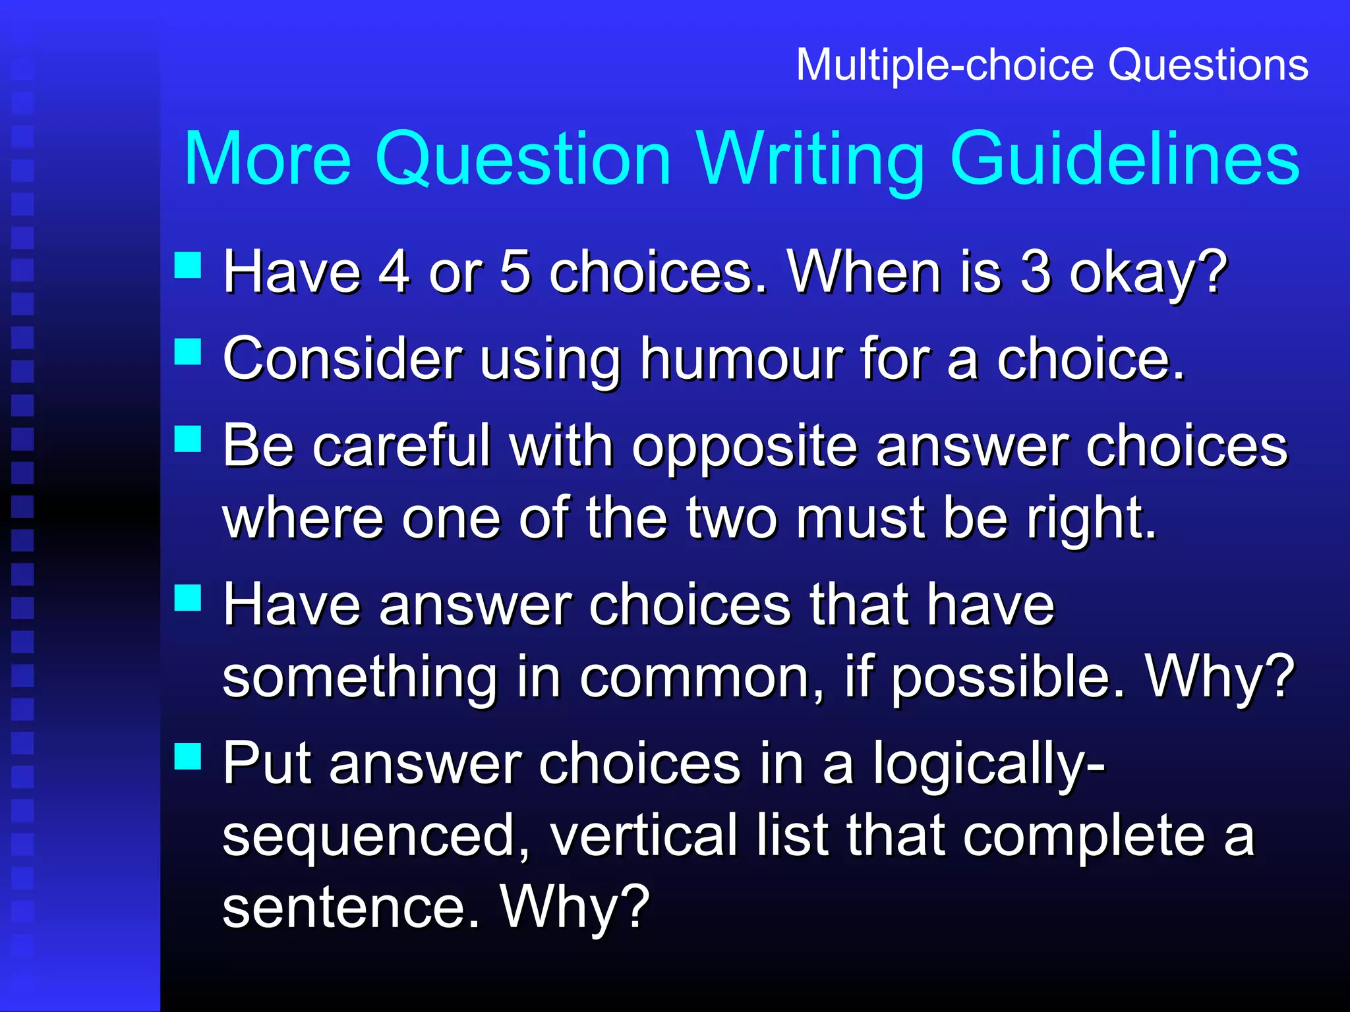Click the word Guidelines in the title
coord(1124,160)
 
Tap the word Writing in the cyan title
coord(811,160)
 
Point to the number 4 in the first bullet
coord(394,272)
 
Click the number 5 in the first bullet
coord(515,272)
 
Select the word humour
coord(742,360)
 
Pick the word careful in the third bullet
coord(401,447)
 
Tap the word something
coord(359,677)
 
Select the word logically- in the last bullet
coord(989,764)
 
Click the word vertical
coord(643,835)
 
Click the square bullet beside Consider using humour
coord(188,351)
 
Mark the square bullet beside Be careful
coord(188,439)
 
